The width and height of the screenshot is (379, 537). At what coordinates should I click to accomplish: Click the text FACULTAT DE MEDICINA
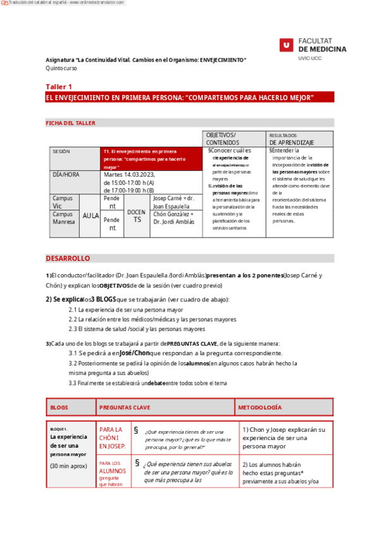[x=323, y=44]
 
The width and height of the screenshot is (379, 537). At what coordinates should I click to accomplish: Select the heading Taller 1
[x=59, y=86]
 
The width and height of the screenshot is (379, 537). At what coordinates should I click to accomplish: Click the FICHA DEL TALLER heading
[x=70, y=123]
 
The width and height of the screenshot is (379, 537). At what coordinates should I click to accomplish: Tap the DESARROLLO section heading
[x=68, y=258]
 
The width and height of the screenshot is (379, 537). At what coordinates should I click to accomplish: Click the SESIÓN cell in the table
[x=61, y=151]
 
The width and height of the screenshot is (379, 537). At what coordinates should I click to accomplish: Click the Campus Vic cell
[x=63, y=202]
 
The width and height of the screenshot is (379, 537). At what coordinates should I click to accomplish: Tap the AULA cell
[x=90, y=215]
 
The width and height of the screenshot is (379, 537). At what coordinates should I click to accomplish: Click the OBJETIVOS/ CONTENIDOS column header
[x=221, y=139]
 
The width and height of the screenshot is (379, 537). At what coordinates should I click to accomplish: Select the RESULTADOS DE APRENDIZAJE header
[x=291, y=139]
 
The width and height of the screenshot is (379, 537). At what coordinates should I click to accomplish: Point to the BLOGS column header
[x=59, y=407]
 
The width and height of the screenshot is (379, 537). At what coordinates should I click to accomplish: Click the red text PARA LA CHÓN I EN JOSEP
[x=111, y=438]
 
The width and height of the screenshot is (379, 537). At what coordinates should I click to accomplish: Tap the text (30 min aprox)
[x=69, y=466]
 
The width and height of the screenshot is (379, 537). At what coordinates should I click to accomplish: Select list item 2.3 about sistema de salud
[x=137, y=329]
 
